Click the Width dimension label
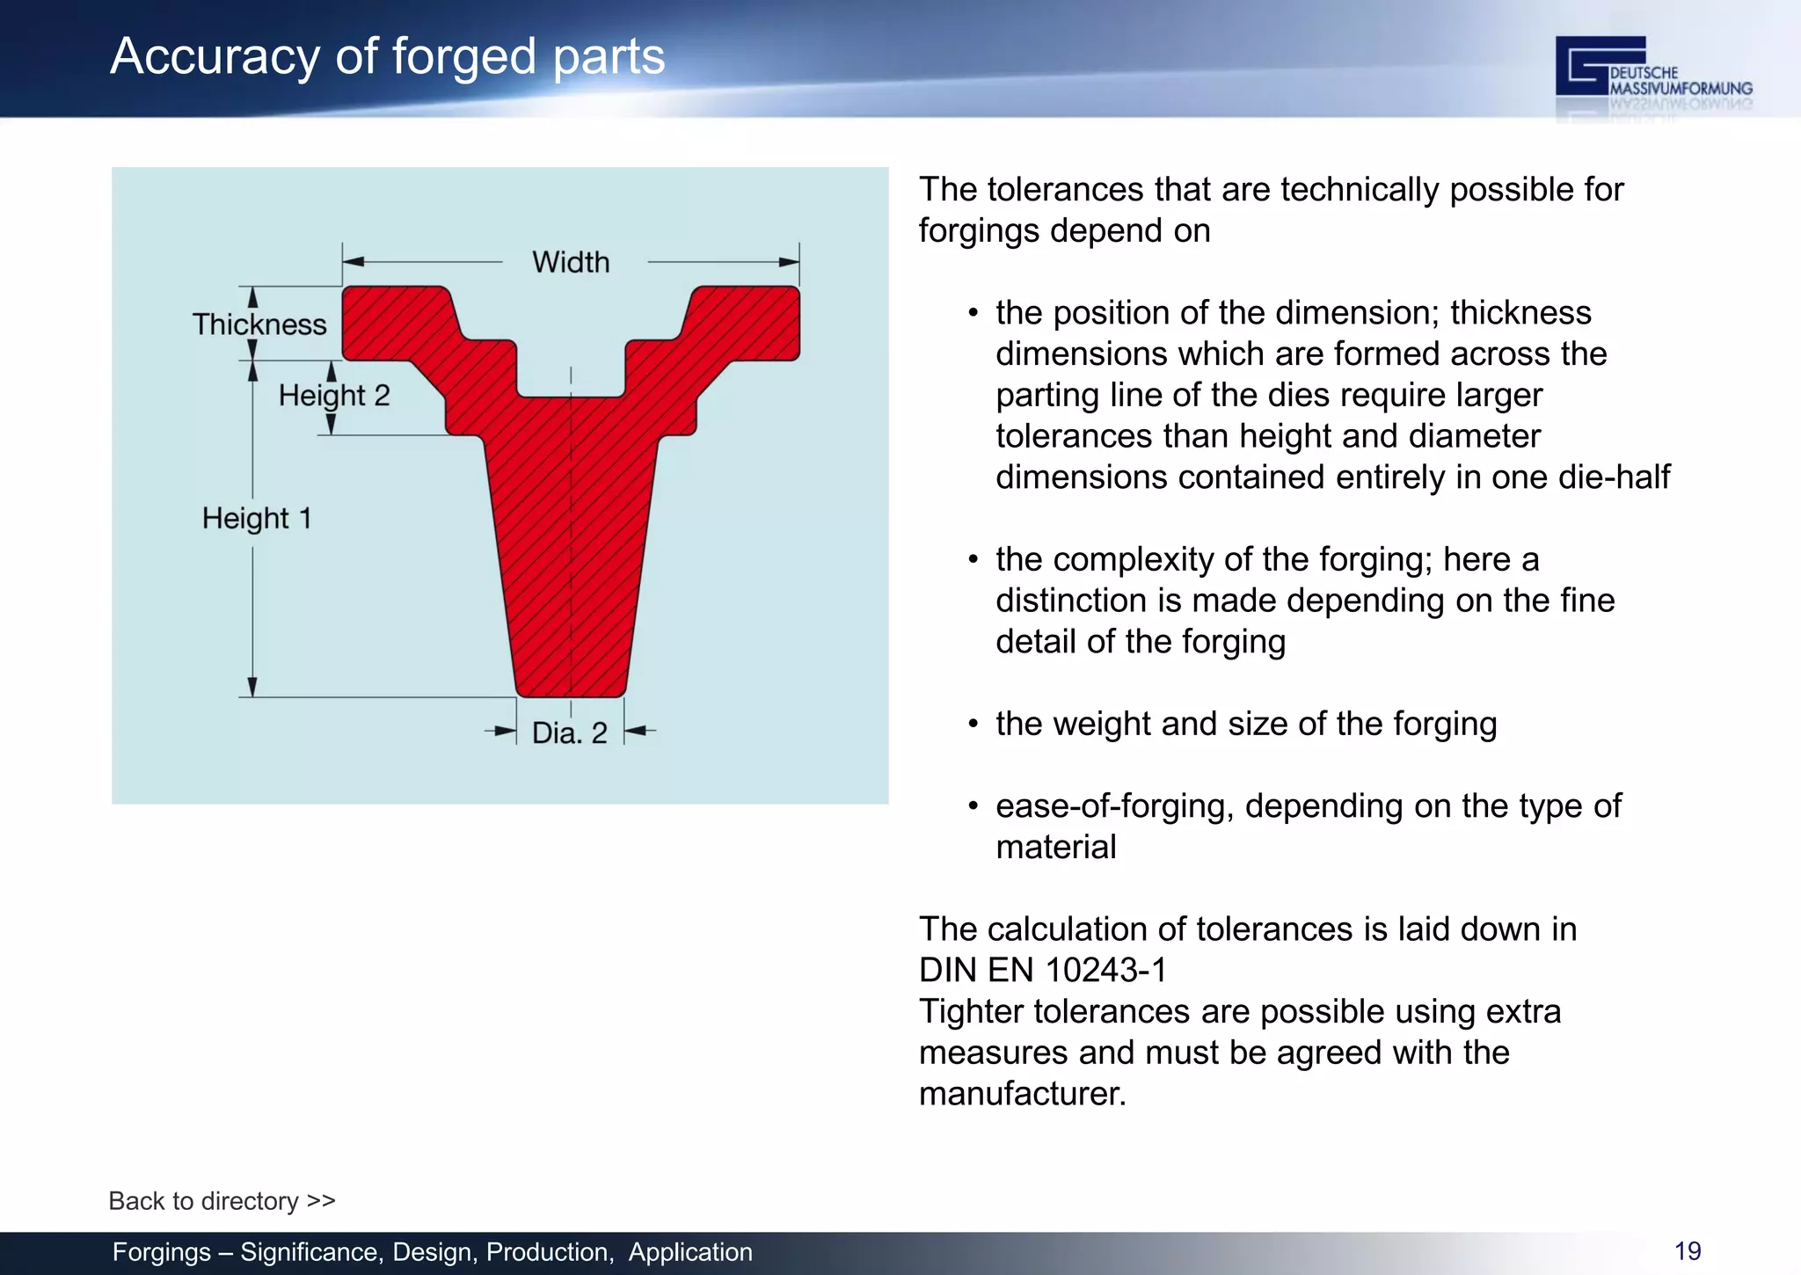pos(571,262)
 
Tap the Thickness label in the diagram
pos(259,324)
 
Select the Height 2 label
pos(334,396)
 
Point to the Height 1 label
pos(257,519)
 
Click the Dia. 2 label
pos(570,732)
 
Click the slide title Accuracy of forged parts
pos(387,56)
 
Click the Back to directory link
pos(222,1201)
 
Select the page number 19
pos(1688,1251)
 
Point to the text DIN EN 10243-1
pos(1043,971)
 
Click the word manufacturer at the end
pos(1022,1094)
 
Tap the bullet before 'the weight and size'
pos(973,725)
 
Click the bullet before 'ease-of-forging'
pos(973,806)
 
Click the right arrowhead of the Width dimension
pos(789,262)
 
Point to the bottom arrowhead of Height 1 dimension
pos(252,687)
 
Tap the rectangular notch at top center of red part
pos(571,369)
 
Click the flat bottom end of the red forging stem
pos(571,693)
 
